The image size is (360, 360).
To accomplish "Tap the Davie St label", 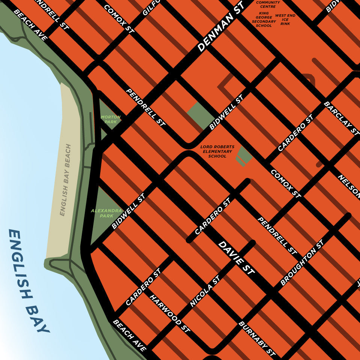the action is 236,259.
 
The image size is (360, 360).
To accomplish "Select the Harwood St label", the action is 170,313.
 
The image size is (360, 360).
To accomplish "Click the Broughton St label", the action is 302,262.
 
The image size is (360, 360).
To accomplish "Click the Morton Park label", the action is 111,119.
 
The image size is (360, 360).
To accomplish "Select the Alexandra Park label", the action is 107,213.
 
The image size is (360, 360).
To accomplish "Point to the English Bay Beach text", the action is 65,180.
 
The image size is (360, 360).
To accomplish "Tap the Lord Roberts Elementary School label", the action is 217,151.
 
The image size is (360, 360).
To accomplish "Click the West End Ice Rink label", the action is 285,20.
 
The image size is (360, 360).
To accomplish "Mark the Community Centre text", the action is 268,5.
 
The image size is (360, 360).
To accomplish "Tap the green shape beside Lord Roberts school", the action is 244,156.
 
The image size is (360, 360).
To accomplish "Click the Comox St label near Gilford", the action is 118,18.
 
